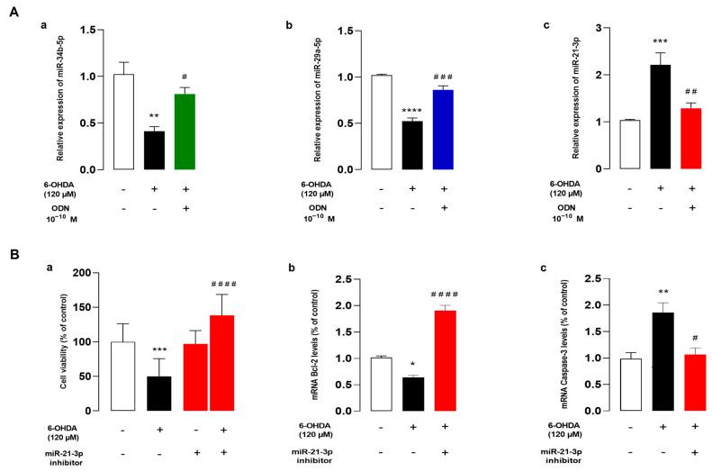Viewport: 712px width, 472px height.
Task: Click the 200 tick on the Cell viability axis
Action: click(x=86, y=272)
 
